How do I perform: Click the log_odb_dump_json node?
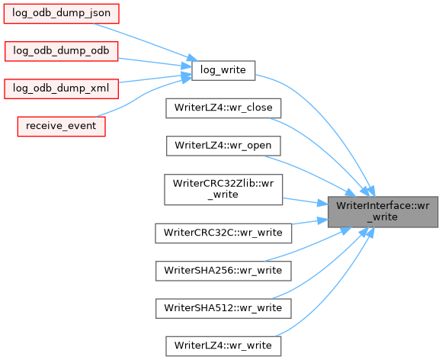coord(62,14)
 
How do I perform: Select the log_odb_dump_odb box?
coord(62,51)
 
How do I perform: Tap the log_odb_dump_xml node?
coord(62,89)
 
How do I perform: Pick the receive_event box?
coord(62,127)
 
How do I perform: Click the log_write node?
coord(223,70)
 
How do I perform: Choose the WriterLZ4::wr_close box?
coord(223,108)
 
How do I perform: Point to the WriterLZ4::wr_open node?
coord(223,146)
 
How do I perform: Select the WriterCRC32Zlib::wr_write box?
coord(223,189)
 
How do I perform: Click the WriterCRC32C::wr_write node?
coord(223,233)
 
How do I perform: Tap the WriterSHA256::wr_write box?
coord(223,271)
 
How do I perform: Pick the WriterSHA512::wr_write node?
coord(223,309)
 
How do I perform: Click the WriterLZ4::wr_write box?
coord(223,346)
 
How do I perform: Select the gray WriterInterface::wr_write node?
coord(383,211)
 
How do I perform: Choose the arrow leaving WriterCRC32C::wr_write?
coord(310,222)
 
